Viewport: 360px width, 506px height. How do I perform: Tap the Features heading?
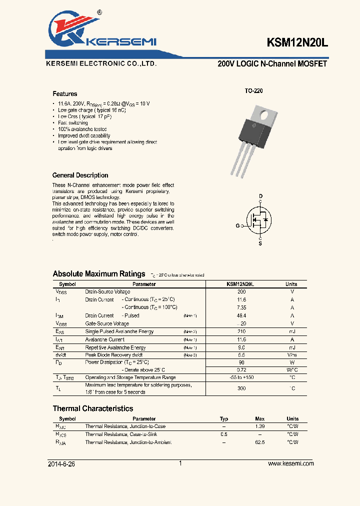pyautogui.click(x=65, y=94)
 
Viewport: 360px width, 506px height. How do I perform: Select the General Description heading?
pyautogui.click(x=80, y=175)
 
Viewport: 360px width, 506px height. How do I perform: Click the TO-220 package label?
pyautogui.click(x=253, y=91)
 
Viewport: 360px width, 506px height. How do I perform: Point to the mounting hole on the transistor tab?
pyautogui.click(x=265, y=114)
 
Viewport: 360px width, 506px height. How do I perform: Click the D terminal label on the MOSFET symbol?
pyautogui.click(x=260, y=195)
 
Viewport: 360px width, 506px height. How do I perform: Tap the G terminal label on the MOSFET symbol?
pyautogui.click(x=238, y=226)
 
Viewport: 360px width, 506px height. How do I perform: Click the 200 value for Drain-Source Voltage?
pyautogui.click(x=241, y=291)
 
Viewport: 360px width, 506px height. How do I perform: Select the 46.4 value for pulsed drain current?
pyautogui.click(x=241, y=315)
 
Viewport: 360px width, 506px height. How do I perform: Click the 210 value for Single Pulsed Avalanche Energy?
pyautogui.click(x=241, y=331)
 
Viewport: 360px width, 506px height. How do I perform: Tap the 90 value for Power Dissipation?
pyautogui.click(x=241, y=362)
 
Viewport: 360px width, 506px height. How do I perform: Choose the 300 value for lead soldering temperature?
pyautogui.click(x=241, y=388)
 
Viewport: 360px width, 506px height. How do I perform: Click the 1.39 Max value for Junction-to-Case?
pyautogui.click(x=259, y=426)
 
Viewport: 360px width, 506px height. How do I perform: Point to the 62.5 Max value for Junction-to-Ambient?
pyautogui.click(x=259, y=442)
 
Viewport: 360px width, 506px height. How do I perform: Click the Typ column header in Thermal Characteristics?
pyautogui.click(x=224, y=419)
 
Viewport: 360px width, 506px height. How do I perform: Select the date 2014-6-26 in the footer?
pyautogui.click(x=61, y=464)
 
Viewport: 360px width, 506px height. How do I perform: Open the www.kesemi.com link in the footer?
pyautogui.click(x=290, y=464)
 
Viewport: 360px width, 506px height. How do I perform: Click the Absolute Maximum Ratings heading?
pyautogui.click(x=99, y=274)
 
